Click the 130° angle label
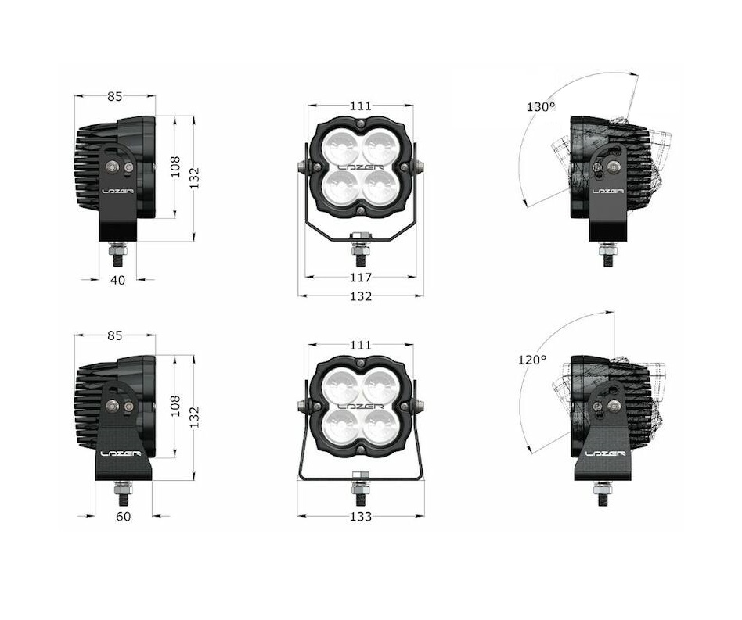[540, 107]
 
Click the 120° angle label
[532, 360]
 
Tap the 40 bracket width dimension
[117, 280]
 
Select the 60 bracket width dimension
[123, 517]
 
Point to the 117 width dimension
[361, 277]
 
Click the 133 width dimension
[361, 517]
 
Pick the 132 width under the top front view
[361, 296]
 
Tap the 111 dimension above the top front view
[361, 106]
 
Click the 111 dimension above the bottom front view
[361, 345]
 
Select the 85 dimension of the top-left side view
[114, 96]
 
